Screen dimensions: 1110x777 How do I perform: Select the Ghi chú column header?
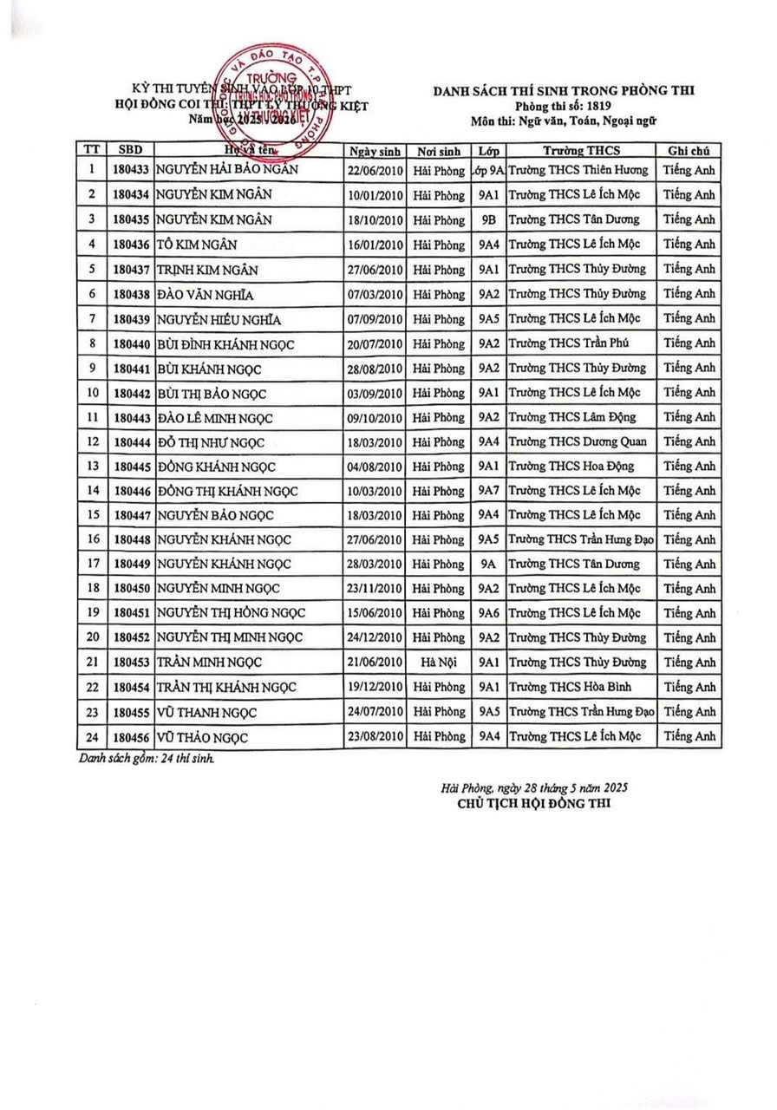(x=689, y=148)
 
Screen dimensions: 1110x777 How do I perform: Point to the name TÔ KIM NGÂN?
(x=197, y=245)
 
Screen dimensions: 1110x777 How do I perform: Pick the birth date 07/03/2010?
(x=375, y=294)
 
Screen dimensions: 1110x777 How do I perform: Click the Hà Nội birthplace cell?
(x=438, y=663)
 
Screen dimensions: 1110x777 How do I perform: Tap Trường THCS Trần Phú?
(x=562, y=343)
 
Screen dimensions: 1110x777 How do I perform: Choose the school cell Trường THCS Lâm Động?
(x=567, y=417)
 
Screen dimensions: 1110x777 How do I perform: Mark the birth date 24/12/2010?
(x=375, y=638)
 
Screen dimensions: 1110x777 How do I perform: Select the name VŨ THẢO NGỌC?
(x=203, y=737)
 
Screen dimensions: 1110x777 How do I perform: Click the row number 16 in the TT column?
(x=91, y=540)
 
